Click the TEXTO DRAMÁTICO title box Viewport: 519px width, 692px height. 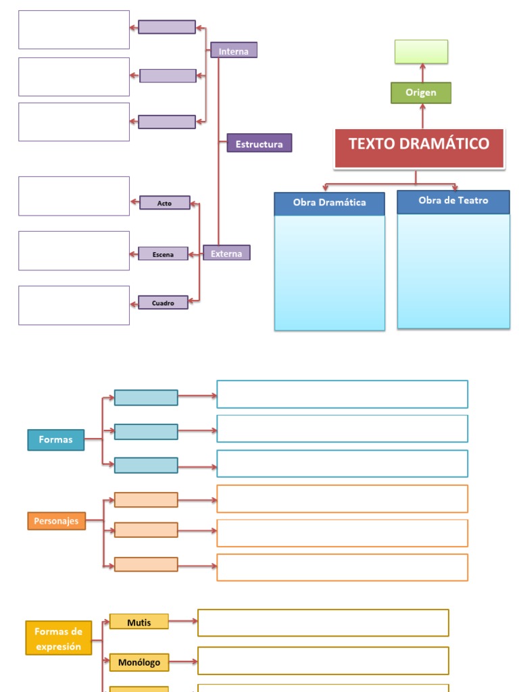[x=419, y=147]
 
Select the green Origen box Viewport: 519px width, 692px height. [x=421, y=93]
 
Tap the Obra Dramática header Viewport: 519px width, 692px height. [x=329, y=203]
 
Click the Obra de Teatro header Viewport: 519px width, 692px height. [x=453, y=201]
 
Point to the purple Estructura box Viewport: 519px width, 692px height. [x=259, y=143]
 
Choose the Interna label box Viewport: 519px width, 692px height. [x=234, y=51]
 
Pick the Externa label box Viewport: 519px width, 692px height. [x=226, y=253]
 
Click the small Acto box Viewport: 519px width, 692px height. [x=165, y=203]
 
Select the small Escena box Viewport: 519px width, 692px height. [x=163, y=254]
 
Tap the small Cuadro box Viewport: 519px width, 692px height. [x=163, y=303]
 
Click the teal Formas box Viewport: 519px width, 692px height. [x=56, y=440]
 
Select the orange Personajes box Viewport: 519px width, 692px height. [x=57, y=521]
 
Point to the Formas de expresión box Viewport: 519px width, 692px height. [x=58, y=639]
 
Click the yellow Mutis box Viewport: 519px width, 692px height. [x=139, y=622]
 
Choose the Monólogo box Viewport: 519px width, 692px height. [x=139, y=662]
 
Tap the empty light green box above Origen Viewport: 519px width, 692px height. [x=421, y=51]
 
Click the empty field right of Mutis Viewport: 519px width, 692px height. [x=323, y=622]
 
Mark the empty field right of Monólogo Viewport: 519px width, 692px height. [x=323, y=660]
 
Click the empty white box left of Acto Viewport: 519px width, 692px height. [x=74, y=196]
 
